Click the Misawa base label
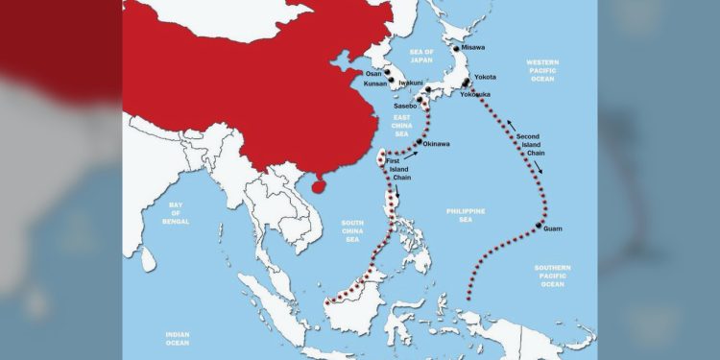pos(473,46)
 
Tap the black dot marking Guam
pos(539,225)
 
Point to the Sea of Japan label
pos(422,55)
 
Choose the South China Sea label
pos(353,229)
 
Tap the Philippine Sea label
pos(467,215)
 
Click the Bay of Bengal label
pos(175,214)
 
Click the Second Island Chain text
pos(534,145)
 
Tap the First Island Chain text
pos(399,168)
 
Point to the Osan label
pos(373,73)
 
